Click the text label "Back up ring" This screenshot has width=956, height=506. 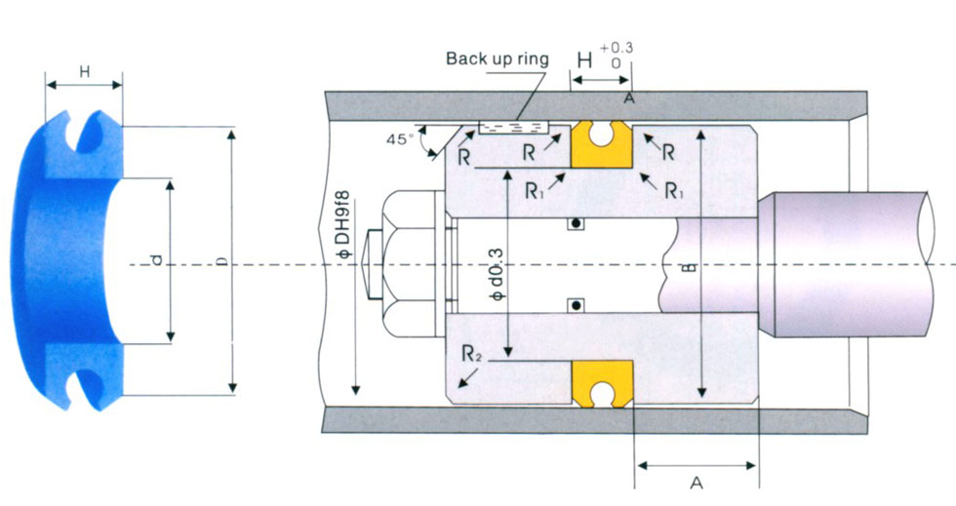click(497, 58)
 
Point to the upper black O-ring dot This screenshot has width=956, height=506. click(577, 224)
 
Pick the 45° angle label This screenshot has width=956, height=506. click(401, 139)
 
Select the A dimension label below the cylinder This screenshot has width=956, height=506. click(696, 483)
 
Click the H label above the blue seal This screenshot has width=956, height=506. click(84, 71)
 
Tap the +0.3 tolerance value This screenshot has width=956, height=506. click(616, 47)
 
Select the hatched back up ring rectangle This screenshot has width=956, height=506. click(513, 128)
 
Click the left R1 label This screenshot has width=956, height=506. click(533, 191)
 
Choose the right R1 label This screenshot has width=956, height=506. click(673, 191)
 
